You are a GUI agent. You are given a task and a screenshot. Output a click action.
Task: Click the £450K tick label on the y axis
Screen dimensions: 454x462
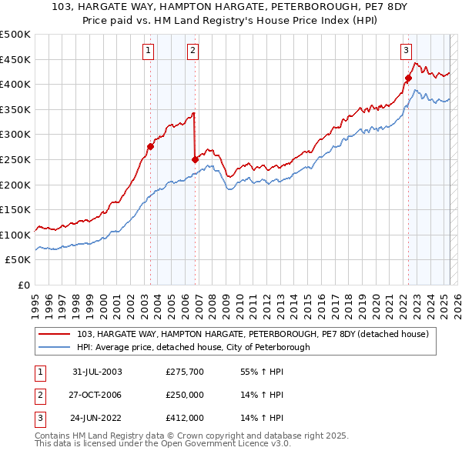click(x=15, y=59)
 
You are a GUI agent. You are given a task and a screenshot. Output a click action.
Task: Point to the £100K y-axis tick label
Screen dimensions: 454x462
click(x=15, y=235)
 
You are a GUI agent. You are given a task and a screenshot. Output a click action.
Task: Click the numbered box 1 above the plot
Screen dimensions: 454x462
click(x=148, y=52)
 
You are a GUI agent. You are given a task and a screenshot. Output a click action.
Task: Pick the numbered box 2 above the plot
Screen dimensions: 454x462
click(x=192, y=52)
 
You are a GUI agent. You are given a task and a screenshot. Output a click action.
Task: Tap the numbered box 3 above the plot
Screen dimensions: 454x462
click(x=406, y=52)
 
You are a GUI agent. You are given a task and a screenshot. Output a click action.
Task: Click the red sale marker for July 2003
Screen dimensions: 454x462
click(x=151, y=147)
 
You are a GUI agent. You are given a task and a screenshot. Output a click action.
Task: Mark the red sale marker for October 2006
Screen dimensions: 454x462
click(x=195, y=159)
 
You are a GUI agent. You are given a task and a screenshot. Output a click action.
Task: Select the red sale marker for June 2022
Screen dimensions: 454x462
click(x=408, y=78)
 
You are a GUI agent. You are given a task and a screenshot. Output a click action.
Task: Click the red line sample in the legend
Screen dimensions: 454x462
click(x=55, y=333)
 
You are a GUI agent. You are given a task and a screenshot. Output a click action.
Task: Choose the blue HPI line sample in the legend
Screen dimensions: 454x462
click(x=55, y=347)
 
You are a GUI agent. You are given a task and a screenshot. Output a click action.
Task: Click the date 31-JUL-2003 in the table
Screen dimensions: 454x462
click(x=97, y=372)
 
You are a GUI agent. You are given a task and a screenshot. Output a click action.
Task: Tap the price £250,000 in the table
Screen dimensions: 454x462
click(x=185, y=395)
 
